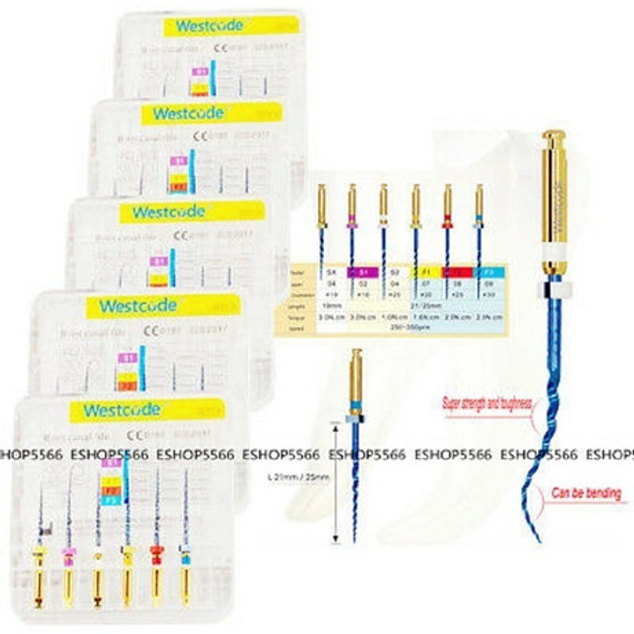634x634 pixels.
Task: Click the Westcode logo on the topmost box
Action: pos(209,26)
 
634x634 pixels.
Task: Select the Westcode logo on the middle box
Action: pos(168,212)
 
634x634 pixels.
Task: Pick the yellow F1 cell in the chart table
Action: pos(426,272)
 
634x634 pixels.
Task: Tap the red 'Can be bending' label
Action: pos(586,493)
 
